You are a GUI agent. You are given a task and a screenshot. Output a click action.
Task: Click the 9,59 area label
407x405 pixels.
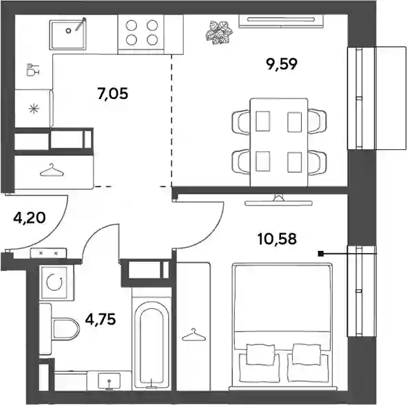pyautogui.click(x=282, y=64)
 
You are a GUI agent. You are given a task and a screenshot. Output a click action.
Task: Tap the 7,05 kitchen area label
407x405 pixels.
pyautogui.click(x=113, y=94)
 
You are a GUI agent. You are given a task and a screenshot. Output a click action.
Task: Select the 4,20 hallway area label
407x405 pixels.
pyautogui.click(x=30, y=218)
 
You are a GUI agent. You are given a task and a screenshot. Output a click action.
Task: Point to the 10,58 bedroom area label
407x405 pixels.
pyautogui.click(x=277, y=239)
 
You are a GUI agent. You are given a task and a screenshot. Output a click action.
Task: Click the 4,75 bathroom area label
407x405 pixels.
pyautogui.click(x=101, y=319)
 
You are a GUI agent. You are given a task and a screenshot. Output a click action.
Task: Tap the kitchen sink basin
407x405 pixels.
pyautogui.click(x=68, y=34)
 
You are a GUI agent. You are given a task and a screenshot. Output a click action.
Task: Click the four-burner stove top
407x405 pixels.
pyautogui.click(x=142, y=32)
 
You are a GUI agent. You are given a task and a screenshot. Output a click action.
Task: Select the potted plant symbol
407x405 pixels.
pyautogui.click(x=219, y=33)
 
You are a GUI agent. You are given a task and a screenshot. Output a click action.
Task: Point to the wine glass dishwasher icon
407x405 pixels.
pyautogui.click(x=32, y=69)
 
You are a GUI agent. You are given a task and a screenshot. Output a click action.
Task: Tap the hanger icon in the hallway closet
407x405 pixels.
pyautogui.click(x=52, y=171)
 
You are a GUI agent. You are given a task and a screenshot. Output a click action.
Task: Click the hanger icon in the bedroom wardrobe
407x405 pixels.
pyautogui.click(x=194, y=334)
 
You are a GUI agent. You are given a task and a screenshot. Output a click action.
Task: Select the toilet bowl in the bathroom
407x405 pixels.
pyautogui.click(x=65, y=329)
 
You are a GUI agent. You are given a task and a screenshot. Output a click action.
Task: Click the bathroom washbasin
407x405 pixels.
pyautogui.click(x=109, y=381)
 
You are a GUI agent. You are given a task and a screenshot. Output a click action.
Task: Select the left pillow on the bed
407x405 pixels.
pyautogui.click(x=259, y=354)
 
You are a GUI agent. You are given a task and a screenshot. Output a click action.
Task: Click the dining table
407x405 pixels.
pyautogui.click(x=279, y=142)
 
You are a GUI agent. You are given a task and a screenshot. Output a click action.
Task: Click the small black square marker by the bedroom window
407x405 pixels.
pyautogui.click(x=321, y=254)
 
